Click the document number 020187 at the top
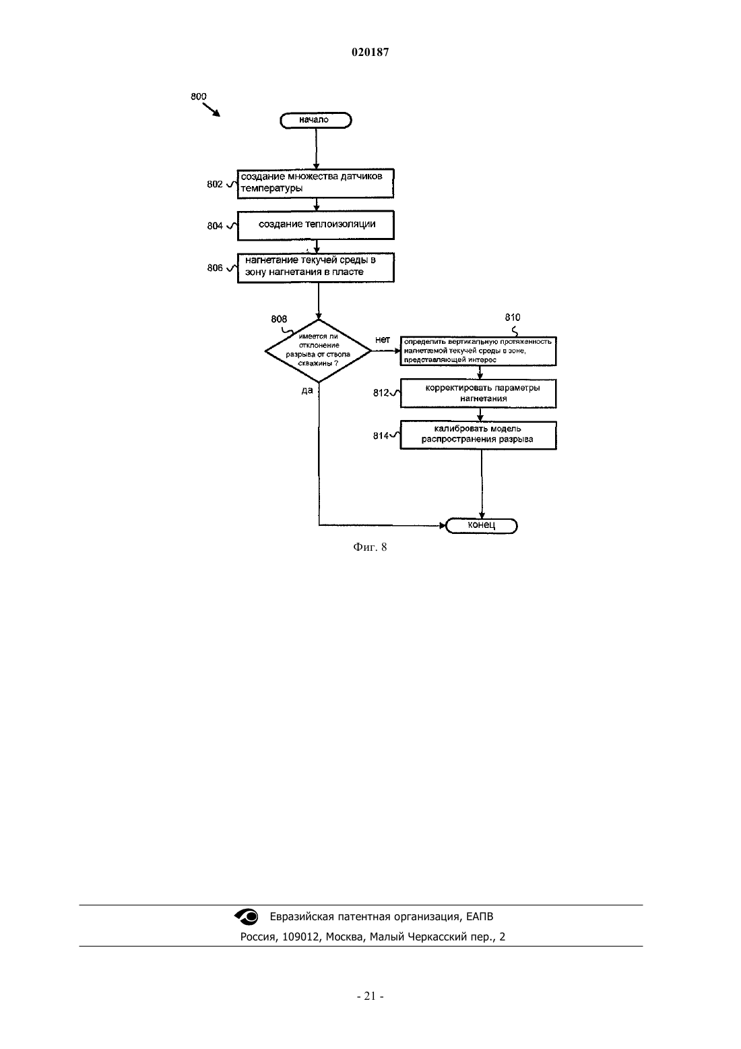tap(370, 52)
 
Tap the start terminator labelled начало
tap(316, 121)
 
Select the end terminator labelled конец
tap(482, 526)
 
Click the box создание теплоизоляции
tap(316, 225)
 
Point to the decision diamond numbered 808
tap(318, 351)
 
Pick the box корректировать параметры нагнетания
tap(478, 394)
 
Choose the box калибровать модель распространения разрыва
tap(478, 435)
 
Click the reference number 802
tap(215, 185)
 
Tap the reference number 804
tap(215, 227)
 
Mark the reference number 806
tap(215, 268)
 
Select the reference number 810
tap(512, 318)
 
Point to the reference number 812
tap(381, 394)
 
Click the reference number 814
tap(381, 436)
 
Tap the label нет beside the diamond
tap(382, 340)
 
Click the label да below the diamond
tap(307, 390)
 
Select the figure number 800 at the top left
tap(198, 96)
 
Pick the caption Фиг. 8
tap(370, 547)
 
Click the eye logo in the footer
tap(247, 917)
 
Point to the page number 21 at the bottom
tap(370, 996)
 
